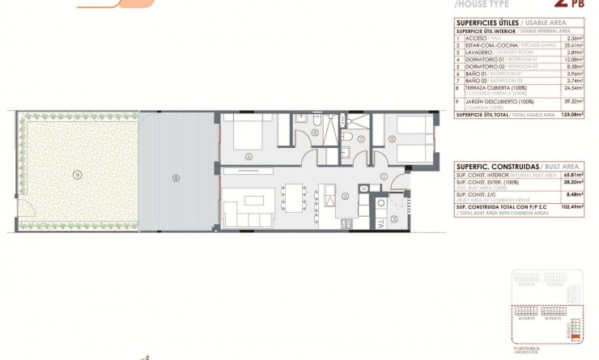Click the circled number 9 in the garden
77,174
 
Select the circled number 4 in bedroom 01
249,156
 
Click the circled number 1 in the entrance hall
384,176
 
